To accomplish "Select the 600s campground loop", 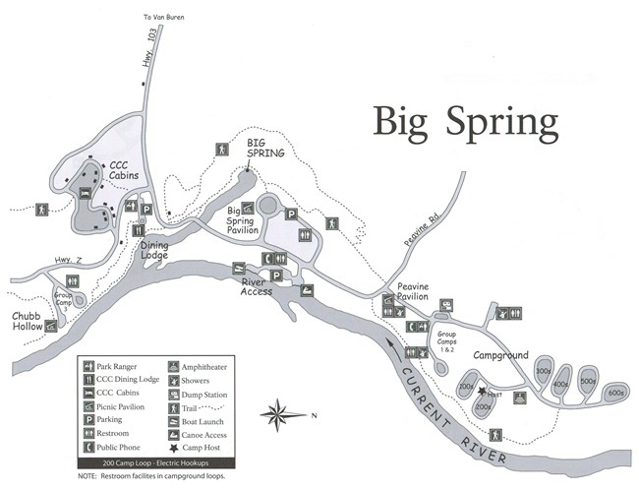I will pyautogui.click(x=616, y=393).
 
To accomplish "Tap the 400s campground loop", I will pyautogui.click(x=561, y=383).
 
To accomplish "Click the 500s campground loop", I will pyautogui.click(x=588, y=381).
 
